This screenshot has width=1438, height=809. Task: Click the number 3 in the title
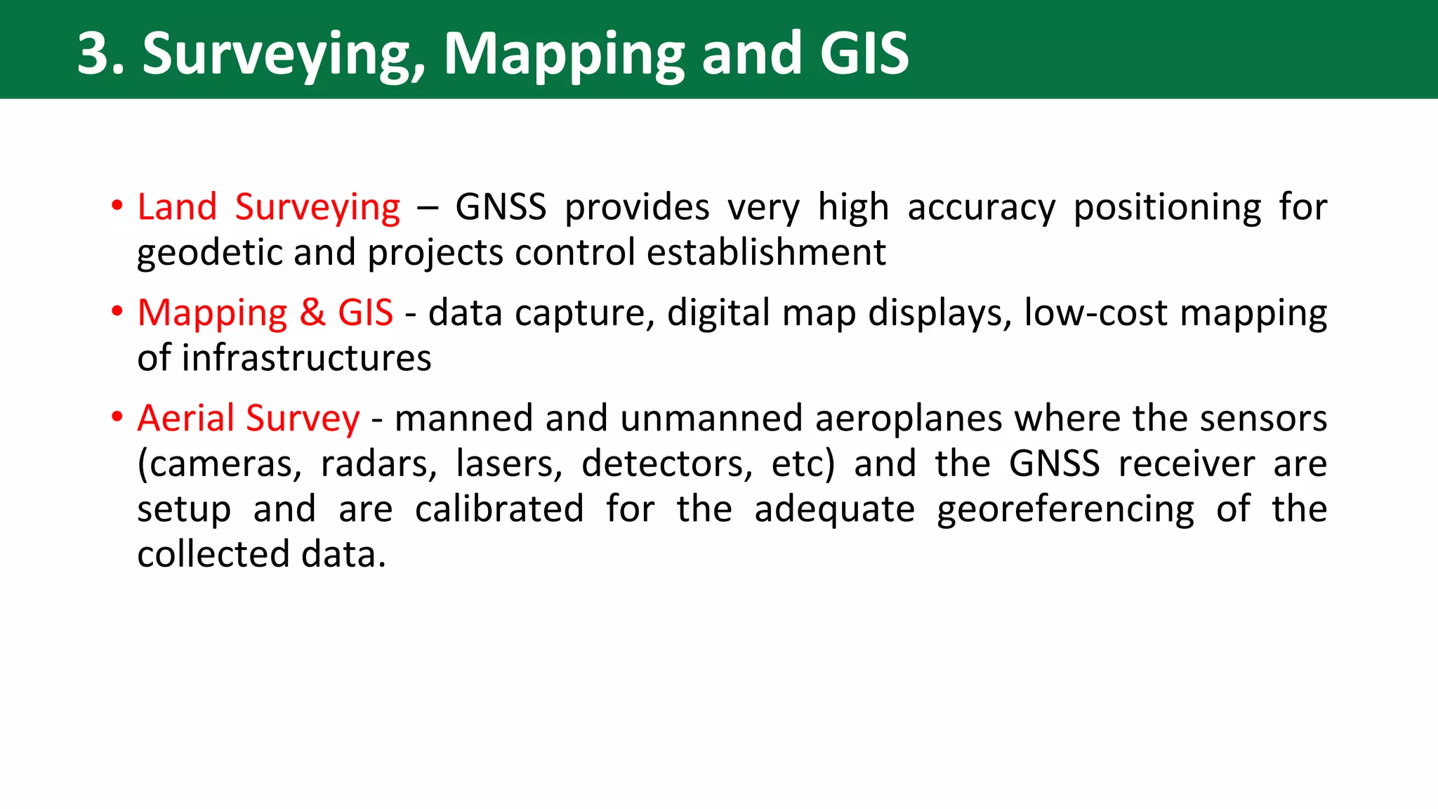click(94, 53)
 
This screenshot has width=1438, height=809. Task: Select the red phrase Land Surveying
click(268, 208)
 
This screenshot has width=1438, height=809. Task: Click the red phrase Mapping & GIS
click(265, 313)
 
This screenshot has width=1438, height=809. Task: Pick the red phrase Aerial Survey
click(248, 419)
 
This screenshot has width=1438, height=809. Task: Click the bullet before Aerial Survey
click(117, 418)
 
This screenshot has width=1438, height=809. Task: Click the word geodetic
click(209, 253)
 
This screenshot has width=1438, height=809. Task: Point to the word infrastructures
click(307, 358)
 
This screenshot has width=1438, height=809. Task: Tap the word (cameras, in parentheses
click(219, 464)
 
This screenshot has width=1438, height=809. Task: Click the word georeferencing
click(1064, 510)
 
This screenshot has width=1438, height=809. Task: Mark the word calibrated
click(499, 509)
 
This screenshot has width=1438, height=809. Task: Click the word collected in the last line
click(213, 555)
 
